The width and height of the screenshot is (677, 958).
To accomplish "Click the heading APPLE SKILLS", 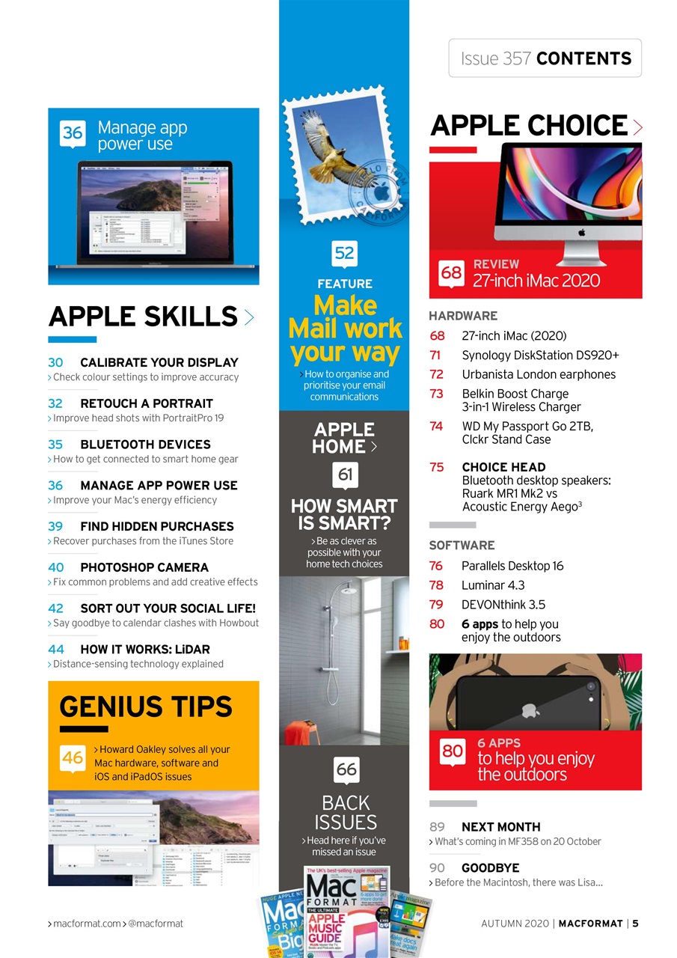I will [143, 317].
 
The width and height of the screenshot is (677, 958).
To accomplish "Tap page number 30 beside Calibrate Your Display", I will [56, 362].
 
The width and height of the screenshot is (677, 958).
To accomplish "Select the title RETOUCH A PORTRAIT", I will [147, 403].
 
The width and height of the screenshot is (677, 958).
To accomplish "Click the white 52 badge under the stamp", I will [345, 253].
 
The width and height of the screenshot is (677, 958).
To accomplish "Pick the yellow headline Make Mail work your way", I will [345, 329].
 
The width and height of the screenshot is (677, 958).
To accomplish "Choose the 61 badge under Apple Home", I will [345, 475].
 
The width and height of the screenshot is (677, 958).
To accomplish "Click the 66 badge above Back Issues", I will [346, 769].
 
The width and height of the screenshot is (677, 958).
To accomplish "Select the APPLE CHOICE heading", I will [529, 126].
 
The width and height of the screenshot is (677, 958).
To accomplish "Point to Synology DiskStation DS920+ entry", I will [540, 356].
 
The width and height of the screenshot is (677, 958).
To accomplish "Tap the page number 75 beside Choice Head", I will [437, 467].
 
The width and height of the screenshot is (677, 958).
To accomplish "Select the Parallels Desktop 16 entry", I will [512, 566].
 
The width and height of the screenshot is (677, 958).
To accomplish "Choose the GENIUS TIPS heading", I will [146, 707].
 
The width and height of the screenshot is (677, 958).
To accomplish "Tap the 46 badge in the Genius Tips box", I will [73, 758].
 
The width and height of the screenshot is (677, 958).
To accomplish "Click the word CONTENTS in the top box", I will [583, 58].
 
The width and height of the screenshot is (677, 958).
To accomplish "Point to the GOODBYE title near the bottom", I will [490, 868].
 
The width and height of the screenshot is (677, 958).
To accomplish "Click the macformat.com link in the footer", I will [86, 924].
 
